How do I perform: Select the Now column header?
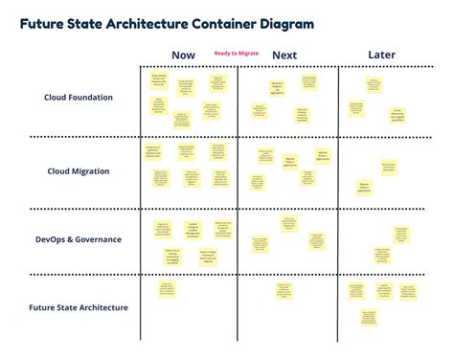182,55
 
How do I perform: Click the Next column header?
284,55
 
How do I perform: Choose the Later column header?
381,55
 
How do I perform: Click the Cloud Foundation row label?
79,97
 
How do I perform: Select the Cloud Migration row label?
79,171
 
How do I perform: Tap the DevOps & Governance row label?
79,239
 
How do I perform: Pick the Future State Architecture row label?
79,307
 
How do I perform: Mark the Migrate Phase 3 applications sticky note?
364,186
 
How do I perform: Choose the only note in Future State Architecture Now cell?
168,290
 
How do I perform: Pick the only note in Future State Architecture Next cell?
284,291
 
